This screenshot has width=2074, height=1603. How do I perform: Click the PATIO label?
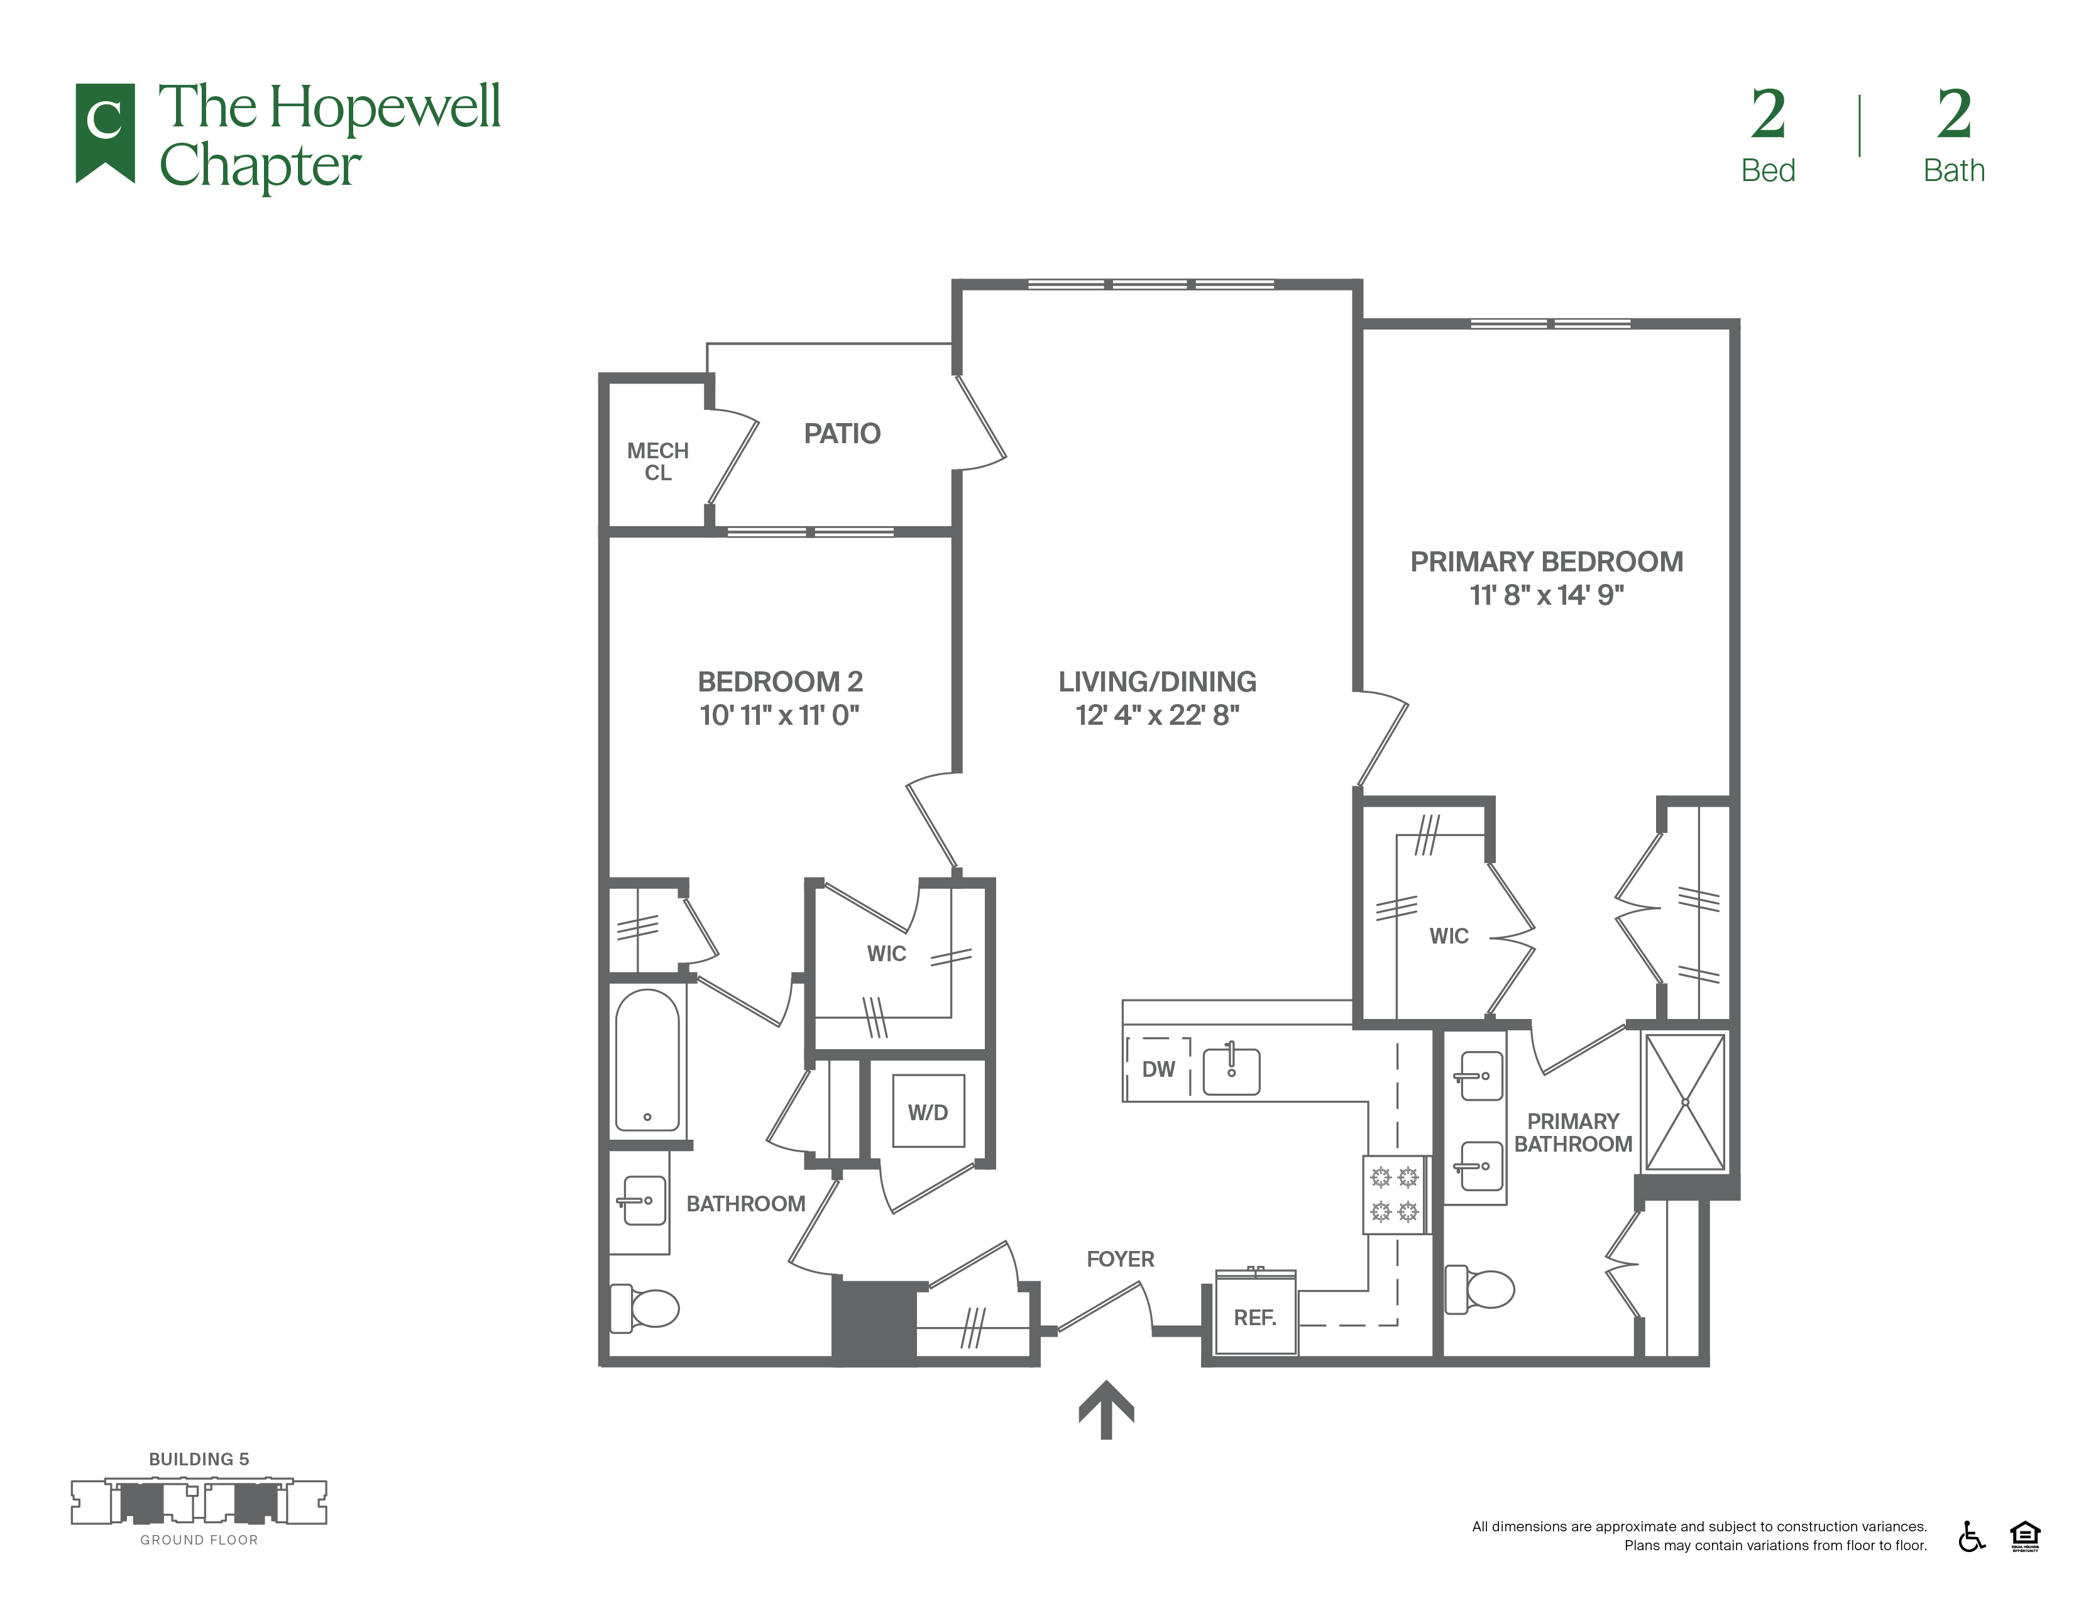[842, 434]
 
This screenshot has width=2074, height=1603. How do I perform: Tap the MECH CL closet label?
[658, 461]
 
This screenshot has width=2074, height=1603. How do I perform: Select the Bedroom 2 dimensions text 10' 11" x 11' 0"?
[780, 715]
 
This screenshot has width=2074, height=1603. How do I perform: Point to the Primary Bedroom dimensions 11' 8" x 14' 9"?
[1547, 595]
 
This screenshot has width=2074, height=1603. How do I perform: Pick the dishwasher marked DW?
[1158, 1069]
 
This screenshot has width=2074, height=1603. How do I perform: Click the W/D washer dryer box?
[928, 1111]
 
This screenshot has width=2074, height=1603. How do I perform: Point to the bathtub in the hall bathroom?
[647, 1060]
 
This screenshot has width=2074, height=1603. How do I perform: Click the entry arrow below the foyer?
[1106, 1409]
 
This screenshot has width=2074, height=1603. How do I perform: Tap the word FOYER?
[1121, 1259]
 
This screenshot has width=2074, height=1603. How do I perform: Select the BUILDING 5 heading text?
[199, 1460]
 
